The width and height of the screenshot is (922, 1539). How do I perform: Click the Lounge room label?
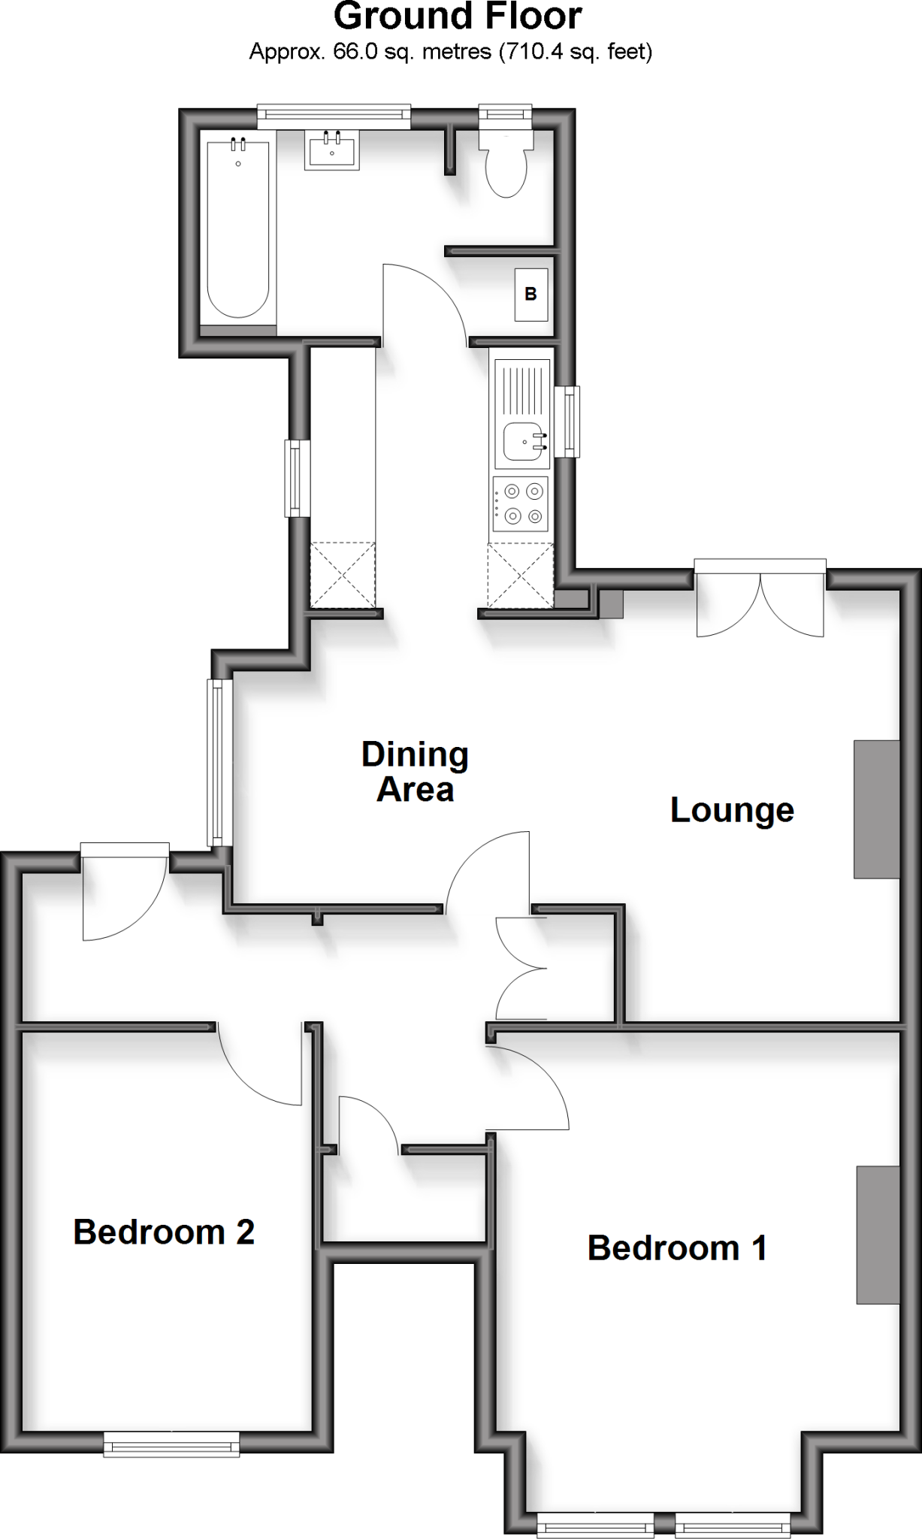(732, 810)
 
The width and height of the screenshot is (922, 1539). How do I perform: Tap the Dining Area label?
(415, 772)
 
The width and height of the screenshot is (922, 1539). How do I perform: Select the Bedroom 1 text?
(677, 1248)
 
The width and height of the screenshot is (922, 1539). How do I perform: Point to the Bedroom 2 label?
(164, 1232)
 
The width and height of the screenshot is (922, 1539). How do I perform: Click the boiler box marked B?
(531, 295)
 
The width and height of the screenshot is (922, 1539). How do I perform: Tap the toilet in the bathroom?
(506, 165)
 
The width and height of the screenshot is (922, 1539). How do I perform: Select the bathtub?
(238, 228)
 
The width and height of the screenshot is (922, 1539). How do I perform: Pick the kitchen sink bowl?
(522, 442)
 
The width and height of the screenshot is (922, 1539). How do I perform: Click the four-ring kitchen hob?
(521, 503)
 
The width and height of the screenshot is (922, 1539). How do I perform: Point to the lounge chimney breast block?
(876, 809)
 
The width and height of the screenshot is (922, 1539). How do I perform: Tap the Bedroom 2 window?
(171, 1444)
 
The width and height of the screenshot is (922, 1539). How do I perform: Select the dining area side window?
(219, 762)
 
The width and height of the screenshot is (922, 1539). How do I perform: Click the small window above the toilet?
(506, 114)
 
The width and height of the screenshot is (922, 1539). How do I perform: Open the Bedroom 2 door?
(261, 1067)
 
